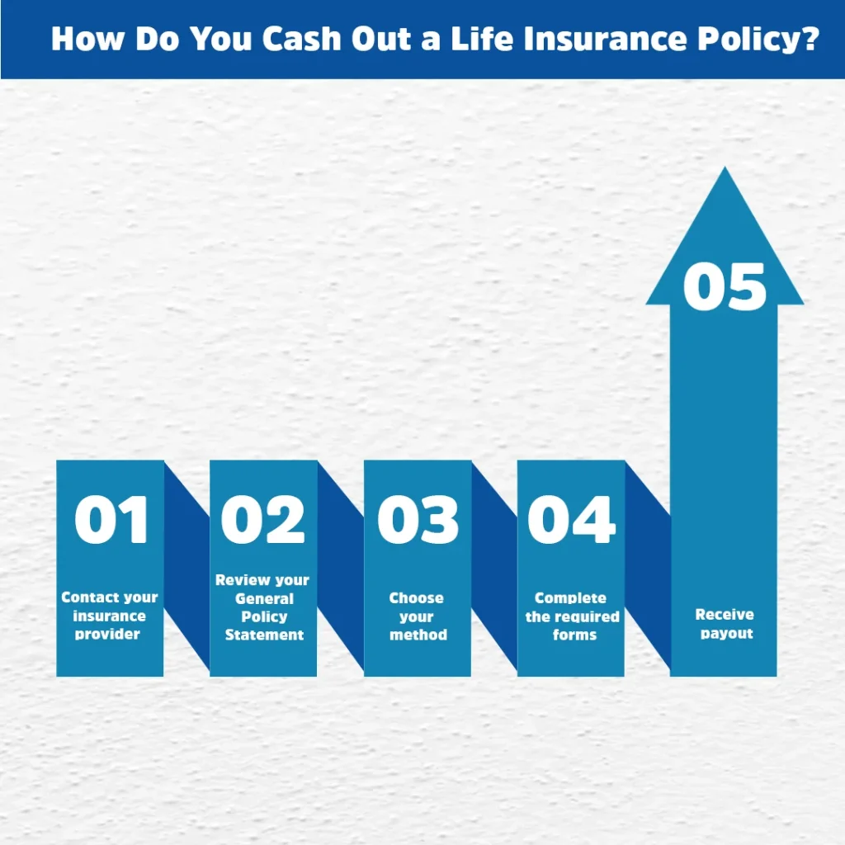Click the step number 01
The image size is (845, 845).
pyautogui.click(x=111, y=520)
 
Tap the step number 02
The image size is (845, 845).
pyautogui.click(x=263, y=520)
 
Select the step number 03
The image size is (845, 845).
pyautogui.click(x=418, y=520)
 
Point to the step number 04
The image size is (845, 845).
pyautogui.click(x=571, y=520)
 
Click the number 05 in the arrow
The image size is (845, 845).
pyautogui.click(x=725, y=286)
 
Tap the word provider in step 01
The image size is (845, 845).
pyautogui.click(x=107, y=635)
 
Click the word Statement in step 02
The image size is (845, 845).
pyautogui.click(x=264, y=635)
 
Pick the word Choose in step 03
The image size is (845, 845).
pyautogui.click(x=416, y=597)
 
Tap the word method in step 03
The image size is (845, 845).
pyautogui.click(x=418, y=635)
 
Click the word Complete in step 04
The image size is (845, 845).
pyautogui.click(x=570, y=597)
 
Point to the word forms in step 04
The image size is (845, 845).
pyautogui.click(x=574, y=635)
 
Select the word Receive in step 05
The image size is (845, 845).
pyautogui.click(x=725, y=614)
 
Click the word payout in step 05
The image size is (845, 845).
pyautogui.click(x=726, y=633)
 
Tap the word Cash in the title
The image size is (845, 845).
pyautogui.click(x=302, y=39)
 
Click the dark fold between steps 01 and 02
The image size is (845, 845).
pyautogui.click(x=186, y=566)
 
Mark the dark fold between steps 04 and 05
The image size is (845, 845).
pyautogui.click(x=648, y=566)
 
